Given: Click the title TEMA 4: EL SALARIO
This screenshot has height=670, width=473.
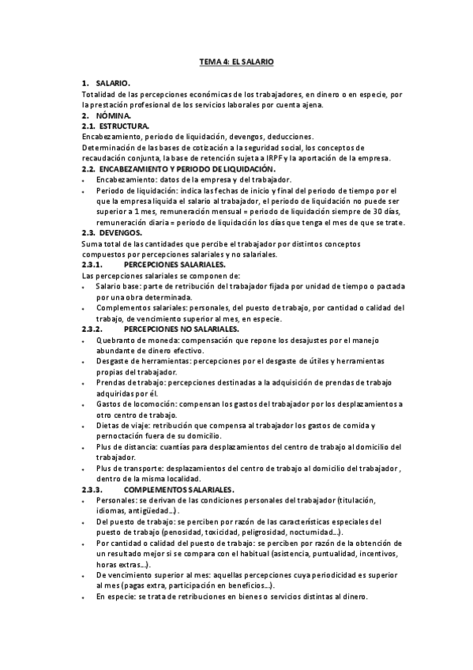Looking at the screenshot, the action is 235,61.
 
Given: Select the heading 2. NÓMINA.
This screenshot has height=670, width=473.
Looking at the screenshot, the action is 107,115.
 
